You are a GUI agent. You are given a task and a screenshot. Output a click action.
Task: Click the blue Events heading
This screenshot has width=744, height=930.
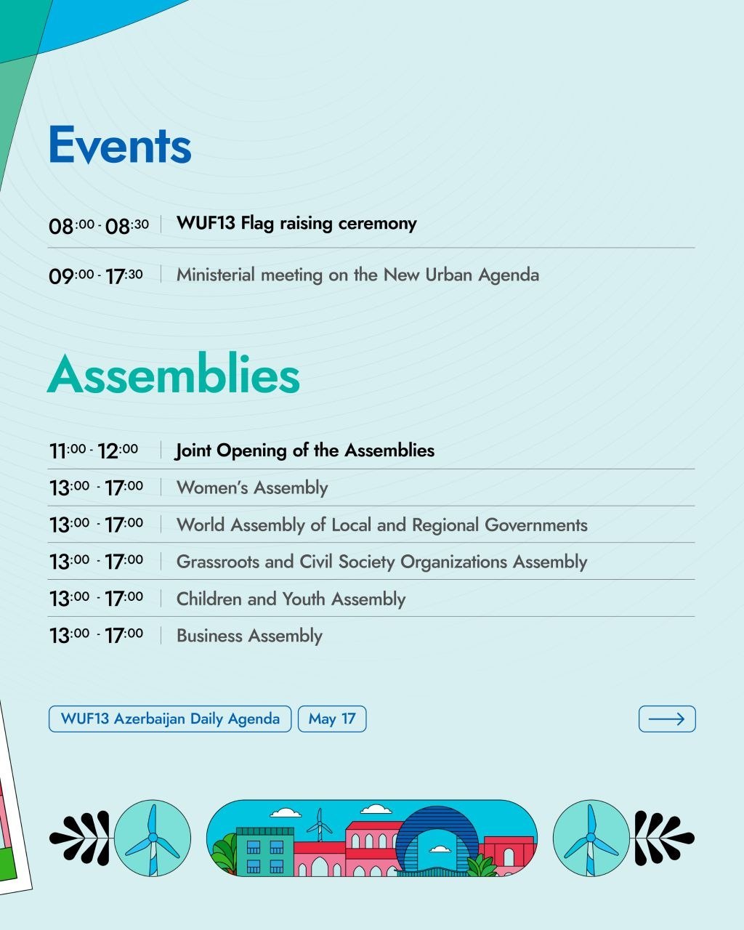click(120, 145)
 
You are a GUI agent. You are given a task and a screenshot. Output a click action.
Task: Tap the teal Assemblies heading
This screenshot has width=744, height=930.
click(174, 373)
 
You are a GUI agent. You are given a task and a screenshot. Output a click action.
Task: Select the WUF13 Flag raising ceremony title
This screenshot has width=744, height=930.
click(296, 224)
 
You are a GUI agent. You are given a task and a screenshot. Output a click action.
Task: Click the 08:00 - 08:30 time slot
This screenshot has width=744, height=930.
click(99, 226)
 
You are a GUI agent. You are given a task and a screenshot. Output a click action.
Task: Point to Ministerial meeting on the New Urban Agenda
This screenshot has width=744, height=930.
click(357, 275)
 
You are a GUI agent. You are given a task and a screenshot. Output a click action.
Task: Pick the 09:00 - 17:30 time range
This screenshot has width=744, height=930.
click(95, 276)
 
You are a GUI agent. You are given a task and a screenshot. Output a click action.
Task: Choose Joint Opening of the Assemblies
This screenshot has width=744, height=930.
click(304, 450)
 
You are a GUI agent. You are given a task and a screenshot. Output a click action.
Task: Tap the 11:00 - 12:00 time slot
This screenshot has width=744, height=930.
click(94, 450)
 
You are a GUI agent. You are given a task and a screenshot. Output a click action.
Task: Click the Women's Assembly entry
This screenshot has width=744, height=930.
click(252, 488)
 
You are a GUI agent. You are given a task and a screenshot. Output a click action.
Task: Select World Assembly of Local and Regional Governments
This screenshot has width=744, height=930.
click(381, 525)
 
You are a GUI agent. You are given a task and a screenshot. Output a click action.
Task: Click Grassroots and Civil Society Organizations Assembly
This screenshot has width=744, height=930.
click(381, 562)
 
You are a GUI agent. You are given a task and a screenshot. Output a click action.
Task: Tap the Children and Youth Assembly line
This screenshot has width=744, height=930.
click(291, 599)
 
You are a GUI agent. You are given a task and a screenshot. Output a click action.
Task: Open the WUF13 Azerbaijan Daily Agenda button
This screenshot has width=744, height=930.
click(170, 719)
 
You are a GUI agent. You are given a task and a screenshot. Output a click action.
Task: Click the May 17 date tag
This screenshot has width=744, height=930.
click(332, 719)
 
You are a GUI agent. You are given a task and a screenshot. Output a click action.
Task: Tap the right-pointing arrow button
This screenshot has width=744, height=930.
click(667, 719)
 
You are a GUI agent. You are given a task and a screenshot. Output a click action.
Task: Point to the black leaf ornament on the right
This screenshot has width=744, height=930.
click(664, 838)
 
